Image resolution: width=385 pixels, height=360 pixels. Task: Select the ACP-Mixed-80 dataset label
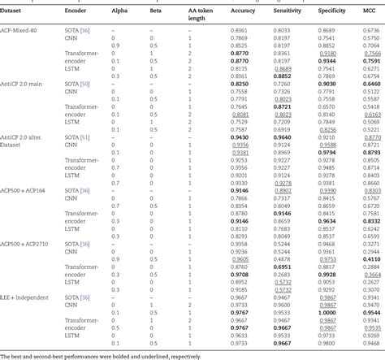(22, 29)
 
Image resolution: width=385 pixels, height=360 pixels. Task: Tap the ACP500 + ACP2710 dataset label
(29, 243)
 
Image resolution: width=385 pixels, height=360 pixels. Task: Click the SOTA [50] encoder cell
(76, 83)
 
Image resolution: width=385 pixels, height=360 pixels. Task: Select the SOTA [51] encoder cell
(76, 137)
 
